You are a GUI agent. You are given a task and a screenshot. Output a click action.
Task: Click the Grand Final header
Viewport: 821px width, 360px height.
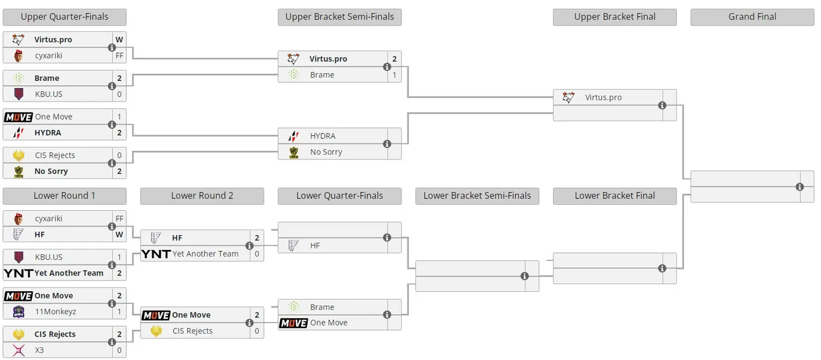pos(752,17)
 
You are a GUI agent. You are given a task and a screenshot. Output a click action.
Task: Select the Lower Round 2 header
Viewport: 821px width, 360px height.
pos(202,196)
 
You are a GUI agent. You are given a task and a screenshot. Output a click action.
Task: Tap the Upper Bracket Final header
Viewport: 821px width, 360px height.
pos(615,17)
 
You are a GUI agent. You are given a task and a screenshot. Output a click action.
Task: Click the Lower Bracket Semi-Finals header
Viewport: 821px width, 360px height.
pos(477,196)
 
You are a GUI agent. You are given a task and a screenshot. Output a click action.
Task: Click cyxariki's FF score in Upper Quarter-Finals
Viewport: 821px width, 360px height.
pos(120,56)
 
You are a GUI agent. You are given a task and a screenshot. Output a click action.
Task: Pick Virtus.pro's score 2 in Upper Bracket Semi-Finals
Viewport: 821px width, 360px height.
pos(394,59)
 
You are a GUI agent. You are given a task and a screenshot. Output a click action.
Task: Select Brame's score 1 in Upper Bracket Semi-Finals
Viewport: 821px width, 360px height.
pos(394,75)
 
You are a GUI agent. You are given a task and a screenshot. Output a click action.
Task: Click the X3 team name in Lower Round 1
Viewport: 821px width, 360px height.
pos(39,350)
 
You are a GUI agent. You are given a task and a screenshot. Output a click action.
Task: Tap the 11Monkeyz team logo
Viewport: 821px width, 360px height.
pos(19,312)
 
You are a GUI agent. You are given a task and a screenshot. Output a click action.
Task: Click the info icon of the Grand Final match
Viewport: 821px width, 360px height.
pos(800,187)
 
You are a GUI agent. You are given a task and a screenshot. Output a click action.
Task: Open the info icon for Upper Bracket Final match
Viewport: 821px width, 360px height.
pos(662,106)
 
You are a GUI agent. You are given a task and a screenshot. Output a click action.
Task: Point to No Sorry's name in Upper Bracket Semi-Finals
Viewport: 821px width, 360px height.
pos(326,152)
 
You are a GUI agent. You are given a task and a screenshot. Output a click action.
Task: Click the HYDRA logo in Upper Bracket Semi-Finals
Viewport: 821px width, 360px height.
pos(293,136)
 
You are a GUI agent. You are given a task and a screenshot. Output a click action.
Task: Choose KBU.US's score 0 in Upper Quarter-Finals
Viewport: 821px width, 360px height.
pos(120,94)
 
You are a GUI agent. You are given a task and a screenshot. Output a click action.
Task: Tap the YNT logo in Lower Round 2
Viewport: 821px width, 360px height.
pos(156,254)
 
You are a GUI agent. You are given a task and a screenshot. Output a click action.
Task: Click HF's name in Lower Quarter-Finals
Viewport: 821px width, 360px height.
pos(315,246)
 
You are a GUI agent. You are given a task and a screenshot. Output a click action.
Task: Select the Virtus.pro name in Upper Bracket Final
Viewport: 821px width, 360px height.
pos(603,97)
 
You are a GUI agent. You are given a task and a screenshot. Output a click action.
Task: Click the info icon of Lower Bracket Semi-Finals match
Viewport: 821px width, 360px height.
pos(525,276)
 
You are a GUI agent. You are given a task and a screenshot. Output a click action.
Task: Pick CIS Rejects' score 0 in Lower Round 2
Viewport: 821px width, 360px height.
pos(257,331)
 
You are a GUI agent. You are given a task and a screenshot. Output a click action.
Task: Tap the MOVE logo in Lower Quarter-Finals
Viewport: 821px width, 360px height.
pos(293,323)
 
